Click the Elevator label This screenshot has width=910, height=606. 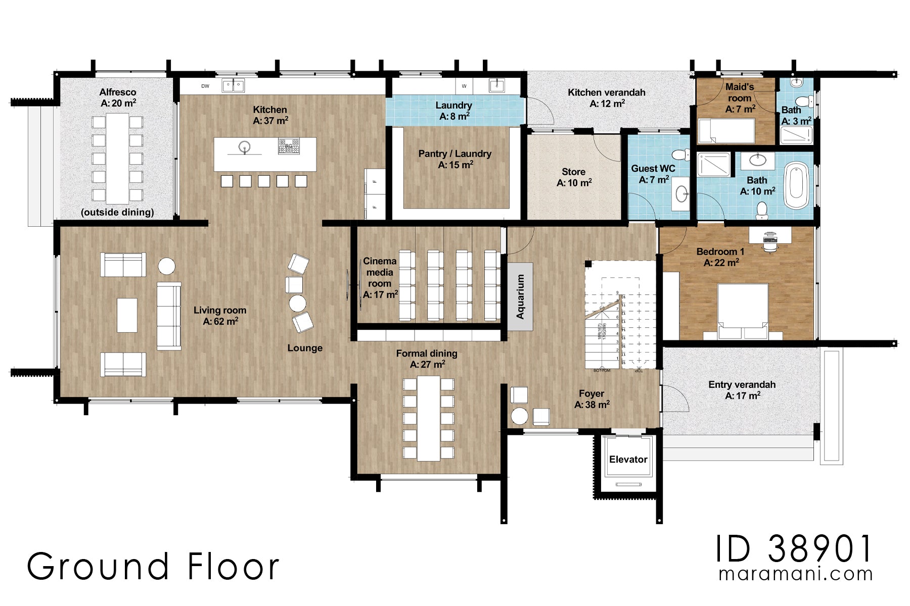(628, 459)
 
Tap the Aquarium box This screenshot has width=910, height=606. (520, 296)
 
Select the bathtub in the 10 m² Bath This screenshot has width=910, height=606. (797, 185)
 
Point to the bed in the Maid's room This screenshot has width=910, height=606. (726, 131)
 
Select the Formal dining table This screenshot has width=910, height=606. (429, 419)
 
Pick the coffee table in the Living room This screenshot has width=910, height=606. (127, 315)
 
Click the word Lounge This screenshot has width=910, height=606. (304, 348)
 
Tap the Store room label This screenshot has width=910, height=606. (574, 177)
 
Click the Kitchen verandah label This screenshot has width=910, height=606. (606, 97)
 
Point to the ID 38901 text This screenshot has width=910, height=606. (793, 549)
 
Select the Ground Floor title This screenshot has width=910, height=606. (153, 566)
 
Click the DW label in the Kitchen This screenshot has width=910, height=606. (205, 86)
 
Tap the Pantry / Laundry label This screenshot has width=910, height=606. (454, 159)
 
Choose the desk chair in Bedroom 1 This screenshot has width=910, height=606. (769, 245)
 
